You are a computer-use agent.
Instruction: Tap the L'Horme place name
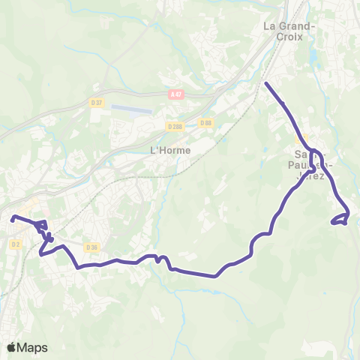pos(166,150)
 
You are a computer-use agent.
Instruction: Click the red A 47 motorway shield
pos(175,94)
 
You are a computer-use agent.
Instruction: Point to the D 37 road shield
pos(96,103)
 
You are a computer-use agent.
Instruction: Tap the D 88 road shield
pos(205,123)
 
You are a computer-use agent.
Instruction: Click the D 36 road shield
pos(91,247)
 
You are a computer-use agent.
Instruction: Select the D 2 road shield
pos(16,244)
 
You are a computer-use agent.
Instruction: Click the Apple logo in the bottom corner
pos(11,348)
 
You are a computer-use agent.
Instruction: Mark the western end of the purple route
pos(13,219)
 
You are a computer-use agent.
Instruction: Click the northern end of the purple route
pos(266,82)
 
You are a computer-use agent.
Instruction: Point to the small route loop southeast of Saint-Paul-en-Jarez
pos(340,219)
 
